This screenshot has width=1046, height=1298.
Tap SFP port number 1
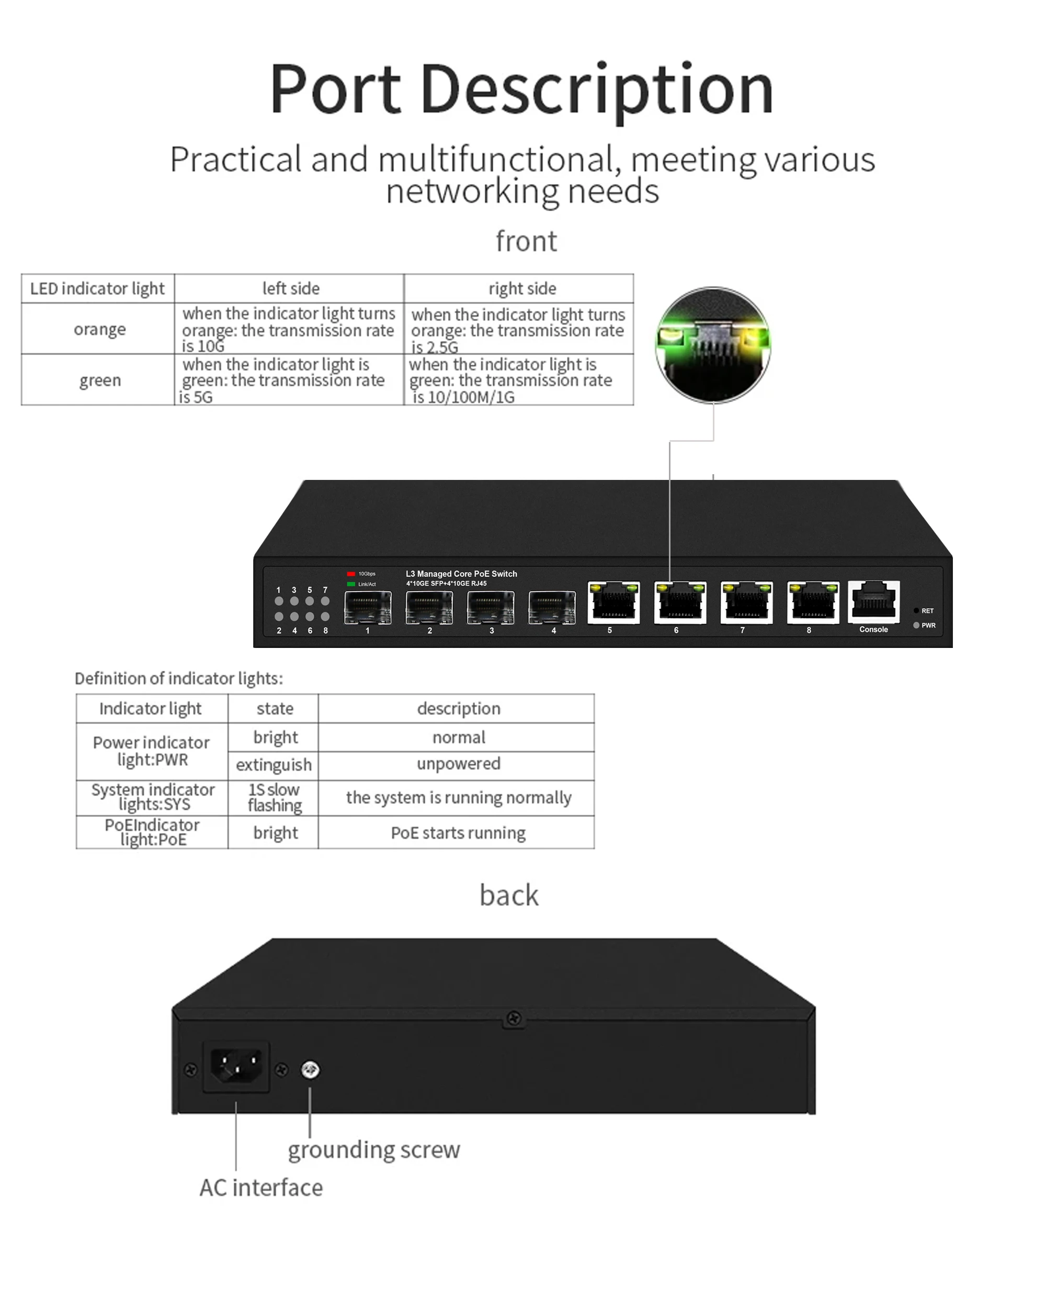368,607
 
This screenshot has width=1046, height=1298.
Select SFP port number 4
552,607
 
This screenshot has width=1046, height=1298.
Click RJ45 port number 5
613,602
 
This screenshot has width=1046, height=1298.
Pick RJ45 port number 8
813,602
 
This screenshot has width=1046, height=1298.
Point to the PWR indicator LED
916,625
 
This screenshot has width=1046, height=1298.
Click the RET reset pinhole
916,611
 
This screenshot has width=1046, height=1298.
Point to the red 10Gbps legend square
351,574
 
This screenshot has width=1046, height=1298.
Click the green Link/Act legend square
351,584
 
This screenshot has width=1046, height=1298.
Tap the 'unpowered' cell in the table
458,764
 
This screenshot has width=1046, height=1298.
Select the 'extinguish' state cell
274,765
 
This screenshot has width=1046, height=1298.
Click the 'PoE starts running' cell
458,833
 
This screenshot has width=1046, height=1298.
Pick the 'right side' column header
522,289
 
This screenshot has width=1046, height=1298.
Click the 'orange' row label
99,329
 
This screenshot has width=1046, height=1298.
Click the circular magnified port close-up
713,345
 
